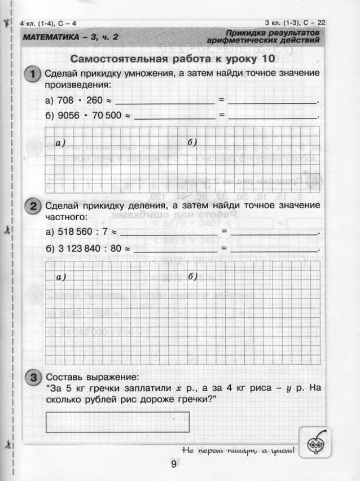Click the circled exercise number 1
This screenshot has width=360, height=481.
tap(33, 75)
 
